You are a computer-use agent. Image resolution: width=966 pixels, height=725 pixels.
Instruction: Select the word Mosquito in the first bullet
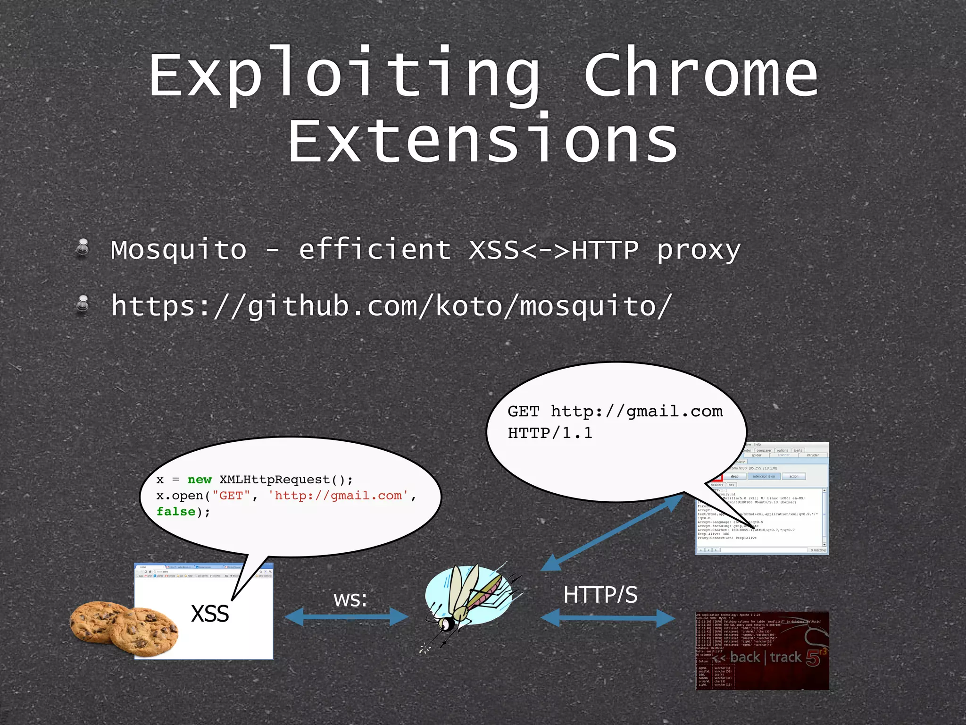point(179,250)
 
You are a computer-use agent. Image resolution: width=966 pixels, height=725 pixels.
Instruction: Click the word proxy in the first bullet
point(699,251)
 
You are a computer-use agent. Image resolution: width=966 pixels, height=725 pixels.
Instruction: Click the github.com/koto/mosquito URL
point(391,306)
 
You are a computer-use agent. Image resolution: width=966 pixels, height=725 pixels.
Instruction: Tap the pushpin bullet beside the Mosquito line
point(83,247)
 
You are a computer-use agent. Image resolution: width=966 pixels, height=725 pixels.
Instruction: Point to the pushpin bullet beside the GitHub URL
point(83,303)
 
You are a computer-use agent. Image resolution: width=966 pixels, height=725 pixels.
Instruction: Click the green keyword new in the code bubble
point(200,480)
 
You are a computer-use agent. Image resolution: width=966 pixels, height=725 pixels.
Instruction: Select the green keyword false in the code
point(175,512)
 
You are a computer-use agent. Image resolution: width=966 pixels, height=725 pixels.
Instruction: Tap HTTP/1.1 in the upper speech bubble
point(550,433)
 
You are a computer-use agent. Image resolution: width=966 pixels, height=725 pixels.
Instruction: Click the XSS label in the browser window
point(210,614)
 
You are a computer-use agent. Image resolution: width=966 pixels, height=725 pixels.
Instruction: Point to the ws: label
point(350,599)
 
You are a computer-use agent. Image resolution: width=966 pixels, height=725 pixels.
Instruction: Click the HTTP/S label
point(600,595)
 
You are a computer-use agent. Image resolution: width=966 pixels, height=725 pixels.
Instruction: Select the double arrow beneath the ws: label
point(347,617)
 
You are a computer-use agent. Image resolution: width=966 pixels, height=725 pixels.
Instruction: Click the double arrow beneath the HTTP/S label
point(608,618)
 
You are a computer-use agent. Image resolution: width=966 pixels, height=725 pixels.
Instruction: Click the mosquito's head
point(446,624)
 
